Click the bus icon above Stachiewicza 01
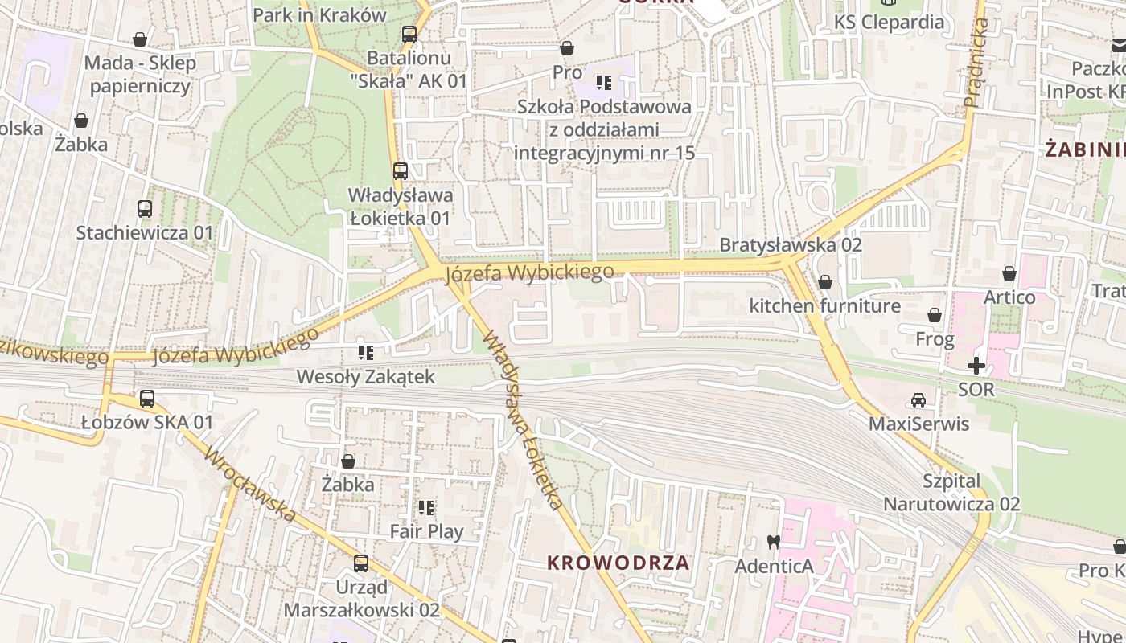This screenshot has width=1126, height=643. [145, 209]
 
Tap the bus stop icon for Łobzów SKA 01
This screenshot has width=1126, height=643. [147, 398]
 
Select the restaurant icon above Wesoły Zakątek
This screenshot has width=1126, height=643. [366, 352]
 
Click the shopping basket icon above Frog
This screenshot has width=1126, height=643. [935, 315]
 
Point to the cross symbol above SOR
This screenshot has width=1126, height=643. [976, 366]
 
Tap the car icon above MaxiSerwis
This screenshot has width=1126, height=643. [918, 399]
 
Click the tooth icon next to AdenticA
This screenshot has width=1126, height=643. [774, 543]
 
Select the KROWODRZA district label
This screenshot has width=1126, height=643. [618, 563]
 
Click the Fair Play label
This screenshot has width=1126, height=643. [426, 531]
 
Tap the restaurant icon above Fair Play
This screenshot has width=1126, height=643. [426, 507]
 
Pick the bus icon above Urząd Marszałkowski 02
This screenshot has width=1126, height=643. [361, 563]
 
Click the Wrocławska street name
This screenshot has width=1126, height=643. [250, 485]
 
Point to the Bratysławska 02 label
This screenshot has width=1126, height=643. [790, 245]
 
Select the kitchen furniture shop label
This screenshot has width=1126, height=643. [824, 306]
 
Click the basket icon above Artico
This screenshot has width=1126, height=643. [1009, 273]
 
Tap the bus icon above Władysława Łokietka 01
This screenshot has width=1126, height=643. [400, 170]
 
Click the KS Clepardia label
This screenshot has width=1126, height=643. [889, 22]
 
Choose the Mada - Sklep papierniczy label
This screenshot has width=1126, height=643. [140, 74]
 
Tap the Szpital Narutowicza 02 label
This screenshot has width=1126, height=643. [951, 493]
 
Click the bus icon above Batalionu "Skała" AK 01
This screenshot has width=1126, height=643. [409, 34]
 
